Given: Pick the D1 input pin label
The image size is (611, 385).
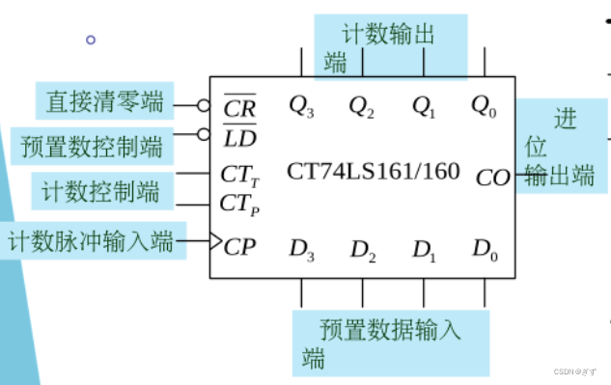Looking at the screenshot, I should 424,250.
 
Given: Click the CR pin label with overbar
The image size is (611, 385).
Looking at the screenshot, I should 238,107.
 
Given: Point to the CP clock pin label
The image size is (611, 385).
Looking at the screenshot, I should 239,246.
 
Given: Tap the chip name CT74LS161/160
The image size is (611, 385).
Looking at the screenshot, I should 373,172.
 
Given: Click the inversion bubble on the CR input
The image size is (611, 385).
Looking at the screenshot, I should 204,105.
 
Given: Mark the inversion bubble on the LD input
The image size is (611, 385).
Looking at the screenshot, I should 204,134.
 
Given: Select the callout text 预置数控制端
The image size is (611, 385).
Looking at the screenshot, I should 92,147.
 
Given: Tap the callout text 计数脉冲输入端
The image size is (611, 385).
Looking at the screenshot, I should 91,239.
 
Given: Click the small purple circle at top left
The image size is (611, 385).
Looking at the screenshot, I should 91,40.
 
